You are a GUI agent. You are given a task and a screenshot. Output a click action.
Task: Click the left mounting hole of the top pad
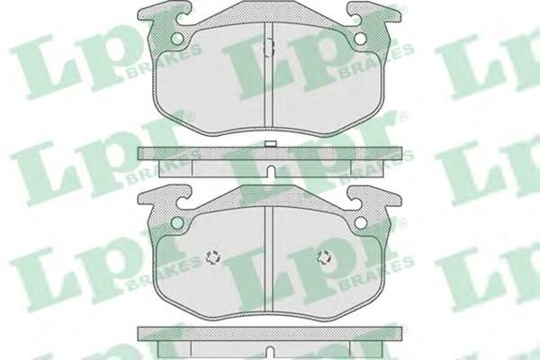coord(177,39)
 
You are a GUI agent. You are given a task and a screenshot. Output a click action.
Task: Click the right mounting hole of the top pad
coord(361,39)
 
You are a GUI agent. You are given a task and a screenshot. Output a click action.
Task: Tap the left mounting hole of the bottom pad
coord(177,222)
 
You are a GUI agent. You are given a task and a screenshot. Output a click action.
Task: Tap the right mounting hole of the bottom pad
coord(361,222)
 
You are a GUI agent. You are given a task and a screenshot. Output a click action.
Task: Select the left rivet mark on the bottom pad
coord(213,257)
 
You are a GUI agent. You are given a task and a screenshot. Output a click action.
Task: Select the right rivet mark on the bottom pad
coord(325,257)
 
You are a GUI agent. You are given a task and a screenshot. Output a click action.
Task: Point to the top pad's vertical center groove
coord(269,75)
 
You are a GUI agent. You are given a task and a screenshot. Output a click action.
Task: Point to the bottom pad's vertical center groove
coord(269,258)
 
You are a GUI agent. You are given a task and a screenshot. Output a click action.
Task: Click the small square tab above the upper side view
coord(270,144)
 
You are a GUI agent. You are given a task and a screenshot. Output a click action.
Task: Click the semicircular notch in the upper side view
coord(271,171)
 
